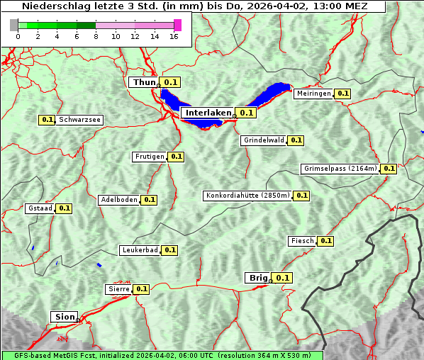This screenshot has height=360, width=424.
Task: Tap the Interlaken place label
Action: (208, 113)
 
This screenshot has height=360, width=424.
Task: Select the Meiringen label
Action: (313, 94)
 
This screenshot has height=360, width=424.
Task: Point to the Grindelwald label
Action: (264, 140)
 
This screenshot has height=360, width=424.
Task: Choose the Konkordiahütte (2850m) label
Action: (247, 196)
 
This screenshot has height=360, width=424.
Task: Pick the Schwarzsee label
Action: (79, 120)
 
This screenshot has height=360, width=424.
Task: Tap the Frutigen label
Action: (149, 157)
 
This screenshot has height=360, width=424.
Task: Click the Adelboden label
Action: (119, 200)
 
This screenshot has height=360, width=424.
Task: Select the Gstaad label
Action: (40, 208)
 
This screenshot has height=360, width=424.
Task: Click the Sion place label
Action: (62, 317)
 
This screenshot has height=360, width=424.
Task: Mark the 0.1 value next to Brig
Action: (283, 278)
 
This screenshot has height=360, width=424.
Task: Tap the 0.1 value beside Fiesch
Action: (325, 241)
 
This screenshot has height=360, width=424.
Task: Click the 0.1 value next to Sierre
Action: (142, 289)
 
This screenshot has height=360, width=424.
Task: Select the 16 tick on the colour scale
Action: (174, 36)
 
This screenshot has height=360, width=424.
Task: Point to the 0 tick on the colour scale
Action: (18, 36)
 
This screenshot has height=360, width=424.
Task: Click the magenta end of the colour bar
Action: (178, 25)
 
